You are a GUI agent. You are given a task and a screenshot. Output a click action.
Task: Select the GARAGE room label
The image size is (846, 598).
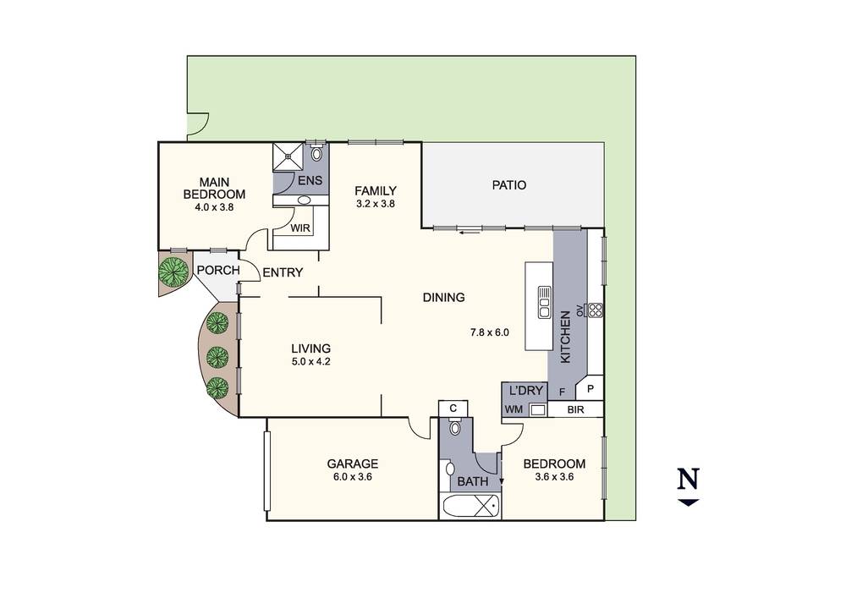click(352, 464)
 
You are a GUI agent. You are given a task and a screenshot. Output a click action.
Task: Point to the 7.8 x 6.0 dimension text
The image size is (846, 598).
click(490, 332)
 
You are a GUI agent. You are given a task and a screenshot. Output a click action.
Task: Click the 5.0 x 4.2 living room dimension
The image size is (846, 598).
click(310, 362)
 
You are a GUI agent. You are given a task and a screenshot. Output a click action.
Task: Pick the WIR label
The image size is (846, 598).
click(299, 228)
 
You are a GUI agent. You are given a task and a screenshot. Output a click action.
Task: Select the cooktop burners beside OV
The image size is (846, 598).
click(594, 310)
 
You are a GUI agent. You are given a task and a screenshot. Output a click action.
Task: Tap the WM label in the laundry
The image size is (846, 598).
click(513, 410)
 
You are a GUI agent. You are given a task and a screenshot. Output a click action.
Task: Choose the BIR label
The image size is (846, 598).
click(575, 410)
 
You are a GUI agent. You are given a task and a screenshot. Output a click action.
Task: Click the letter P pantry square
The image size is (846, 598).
click(591, 389)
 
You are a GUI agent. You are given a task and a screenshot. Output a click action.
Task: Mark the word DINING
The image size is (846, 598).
click(444, 297)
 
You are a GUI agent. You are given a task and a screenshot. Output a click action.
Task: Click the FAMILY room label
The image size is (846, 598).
click(375, 190)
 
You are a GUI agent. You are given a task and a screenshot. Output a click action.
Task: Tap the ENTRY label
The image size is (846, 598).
click(282, 272)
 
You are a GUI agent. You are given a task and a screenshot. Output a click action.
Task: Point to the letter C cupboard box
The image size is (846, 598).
click(453, 408)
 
